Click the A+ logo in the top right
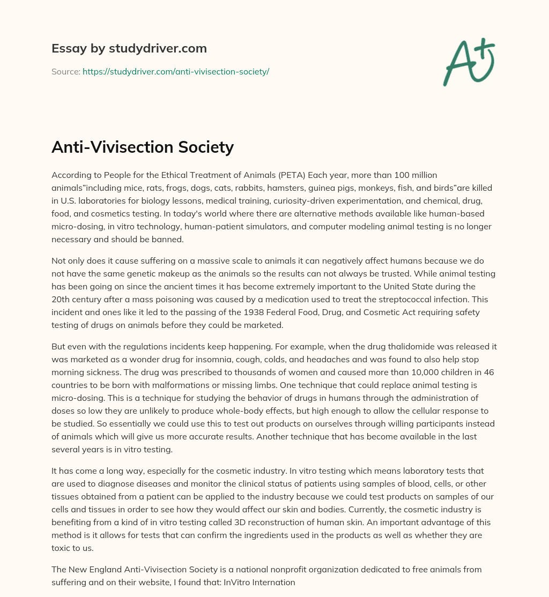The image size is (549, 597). tap(469, 61)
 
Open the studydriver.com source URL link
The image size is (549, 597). tap(176, 71)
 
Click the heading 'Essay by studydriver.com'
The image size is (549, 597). tap(129, 48)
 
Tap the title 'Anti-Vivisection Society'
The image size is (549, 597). tap(143, 146)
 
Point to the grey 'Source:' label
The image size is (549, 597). tap(65, 71)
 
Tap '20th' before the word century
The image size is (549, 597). tap(60, 299)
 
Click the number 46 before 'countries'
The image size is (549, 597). tap(491, 371)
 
